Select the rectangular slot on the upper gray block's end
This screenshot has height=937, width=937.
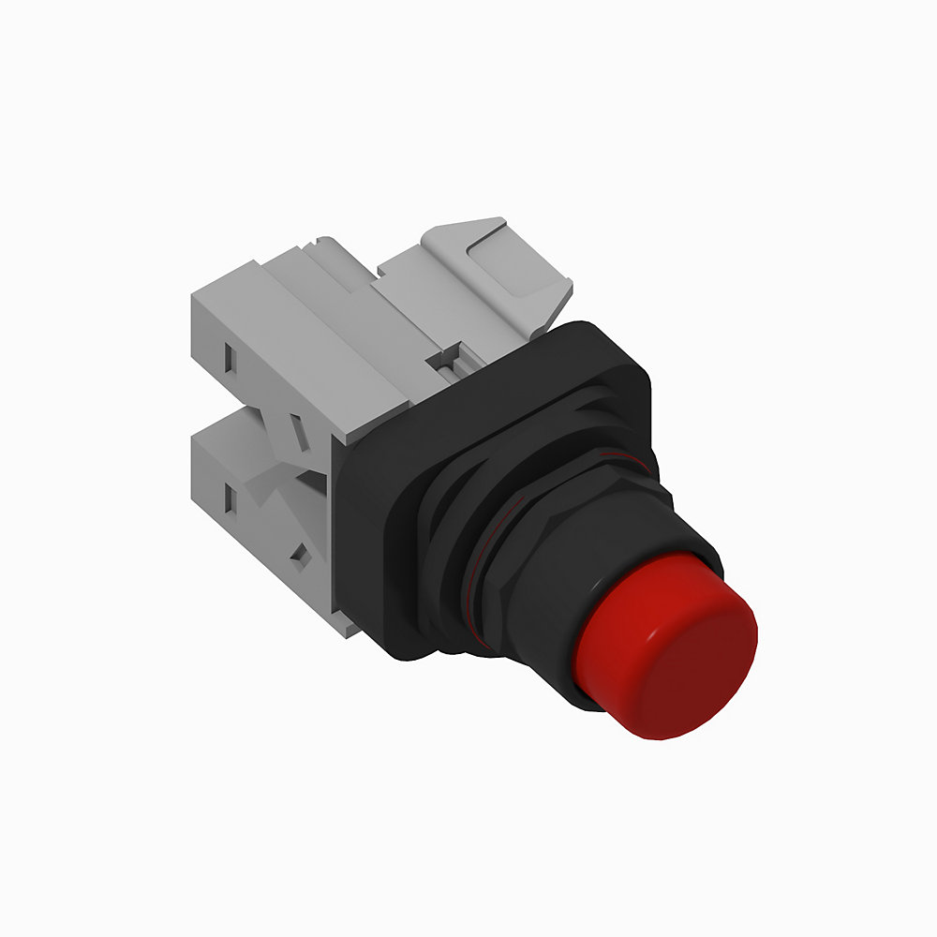click(229, 356)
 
